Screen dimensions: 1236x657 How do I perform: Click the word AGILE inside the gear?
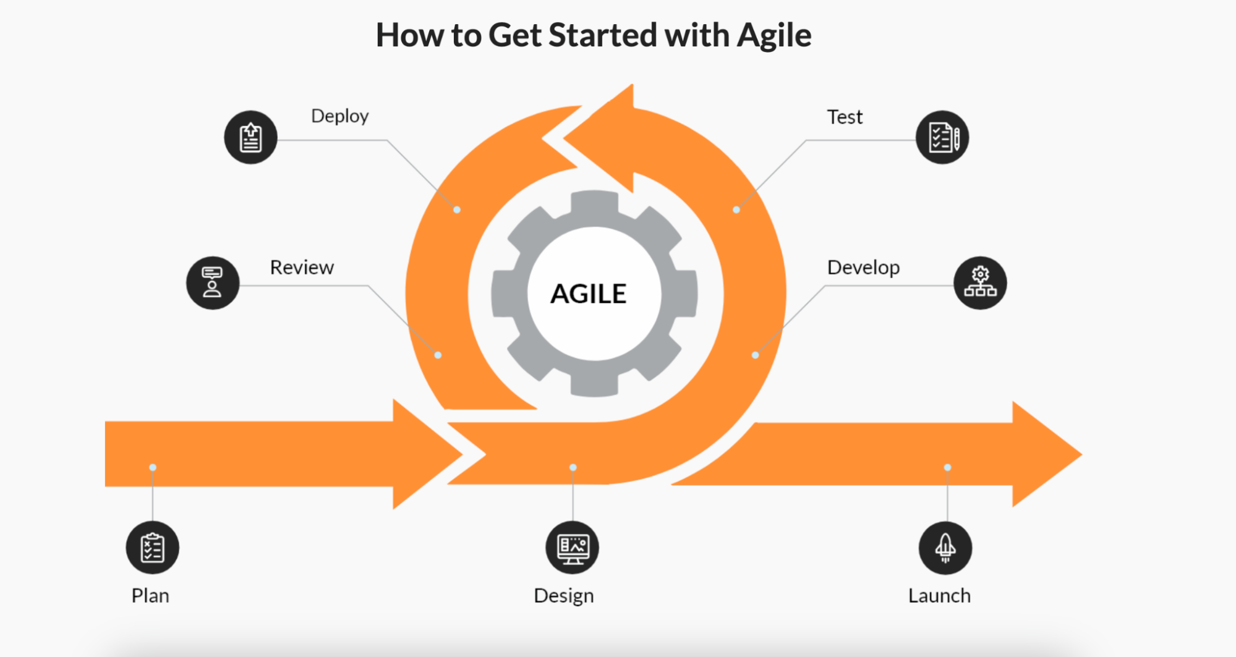coord(589,294)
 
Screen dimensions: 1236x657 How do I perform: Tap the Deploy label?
coord(340,116)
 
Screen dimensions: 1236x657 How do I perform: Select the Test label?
coord(845,117)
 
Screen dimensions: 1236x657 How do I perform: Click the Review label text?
coord(302,267)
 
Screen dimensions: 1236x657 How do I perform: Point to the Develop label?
coord(863,268)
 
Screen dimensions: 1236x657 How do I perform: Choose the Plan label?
coord(150,595)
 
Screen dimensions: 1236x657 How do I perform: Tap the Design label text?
coord(564,596)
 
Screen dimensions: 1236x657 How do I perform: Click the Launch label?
coord(939,595)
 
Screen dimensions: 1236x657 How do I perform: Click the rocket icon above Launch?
coord(945,548)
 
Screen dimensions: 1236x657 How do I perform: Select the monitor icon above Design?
coord(573,548)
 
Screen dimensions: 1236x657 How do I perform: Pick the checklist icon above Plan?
coord(153,548)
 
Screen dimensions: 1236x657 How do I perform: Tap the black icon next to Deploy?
coord(250,137)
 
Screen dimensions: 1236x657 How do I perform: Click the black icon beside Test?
coord(942,137)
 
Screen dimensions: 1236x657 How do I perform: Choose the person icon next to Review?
coord(213,283)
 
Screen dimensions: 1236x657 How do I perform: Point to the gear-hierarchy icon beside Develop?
coord(980,283)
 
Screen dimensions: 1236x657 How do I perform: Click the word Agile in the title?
coord(774,36)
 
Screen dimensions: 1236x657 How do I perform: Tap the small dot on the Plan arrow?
coord(153,467)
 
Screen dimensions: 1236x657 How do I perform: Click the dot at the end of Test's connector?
coord(736,210)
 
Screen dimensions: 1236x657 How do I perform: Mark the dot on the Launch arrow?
coord(947,467)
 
